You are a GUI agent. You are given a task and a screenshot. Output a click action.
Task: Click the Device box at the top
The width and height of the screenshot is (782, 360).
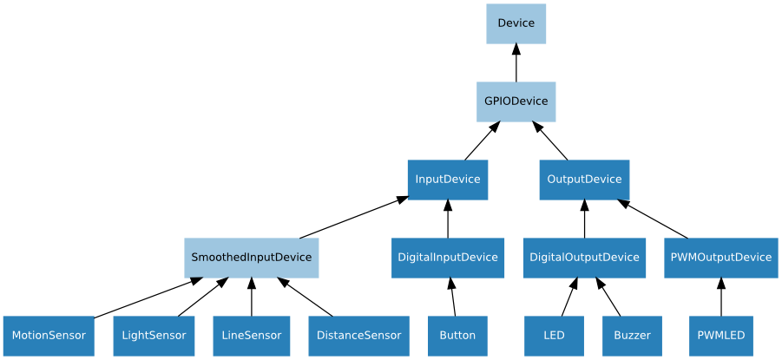pos(516,23)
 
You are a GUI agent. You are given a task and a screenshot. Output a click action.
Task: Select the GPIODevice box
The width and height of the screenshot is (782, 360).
pos(516,101)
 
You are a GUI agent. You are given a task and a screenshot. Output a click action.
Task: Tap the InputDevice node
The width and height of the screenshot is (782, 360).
pos(448,180)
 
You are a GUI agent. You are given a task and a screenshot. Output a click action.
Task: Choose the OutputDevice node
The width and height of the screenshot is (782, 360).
pos(584,180)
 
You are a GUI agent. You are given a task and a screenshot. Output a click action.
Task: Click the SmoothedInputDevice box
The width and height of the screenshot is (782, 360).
pos(251,258)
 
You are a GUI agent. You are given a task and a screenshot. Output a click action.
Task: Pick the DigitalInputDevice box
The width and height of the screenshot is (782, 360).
pos(448,258)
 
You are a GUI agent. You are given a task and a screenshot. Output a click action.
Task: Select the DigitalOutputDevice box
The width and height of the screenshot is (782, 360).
pos(584,258)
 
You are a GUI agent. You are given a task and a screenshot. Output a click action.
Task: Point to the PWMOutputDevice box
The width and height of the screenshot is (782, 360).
pos(720,258)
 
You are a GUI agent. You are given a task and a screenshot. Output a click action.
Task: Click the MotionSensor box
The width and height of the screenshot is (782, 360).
pos(49,336)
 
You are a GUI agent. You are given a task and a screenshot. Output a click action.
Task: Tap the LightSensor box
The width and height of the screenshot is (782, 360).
pos(154,336)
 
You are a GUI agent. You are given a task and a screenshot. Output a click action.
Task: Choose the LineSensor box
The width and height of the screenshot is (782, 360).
pos(251,336)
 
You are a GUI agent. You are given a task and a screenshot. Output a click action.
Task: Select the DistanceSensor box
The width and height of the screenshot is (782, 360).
pos(358,336)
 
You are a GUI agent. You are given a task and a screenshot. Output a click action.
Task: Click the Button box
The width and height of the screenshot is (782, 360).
pos(457,336)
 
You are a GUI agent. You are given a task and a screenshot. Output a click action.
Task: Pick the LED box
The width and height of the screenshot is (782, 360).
pos(554,336)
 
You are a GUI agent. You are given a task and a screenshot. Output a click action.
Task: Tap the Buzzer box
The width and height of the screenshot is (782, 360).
pos(632,336)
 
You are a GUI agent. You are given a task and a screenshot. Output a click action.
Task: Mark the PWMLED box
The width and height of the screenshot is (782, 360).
pos(720,336)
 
